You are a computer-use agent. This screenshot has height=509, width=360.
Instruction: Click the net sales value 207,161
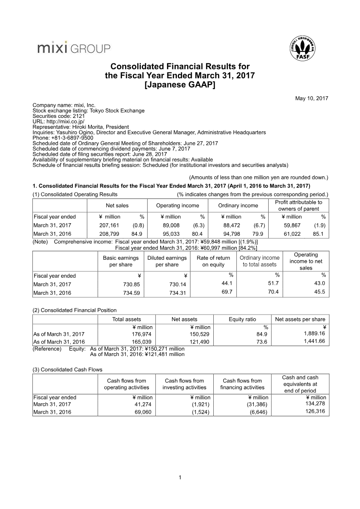coord(109,225)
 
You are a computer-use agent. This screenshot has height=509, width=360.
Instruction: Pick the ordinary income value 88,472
coord(233,225)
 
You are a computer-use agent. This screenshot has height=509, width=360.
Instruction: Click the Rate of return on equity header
coord(213,261)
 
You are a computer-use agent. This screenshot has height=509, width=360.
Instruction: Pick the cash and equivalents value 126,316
coord(315,411)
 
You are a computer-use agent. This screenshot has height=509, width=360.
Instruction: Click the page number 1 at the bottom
coord(180,477)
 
